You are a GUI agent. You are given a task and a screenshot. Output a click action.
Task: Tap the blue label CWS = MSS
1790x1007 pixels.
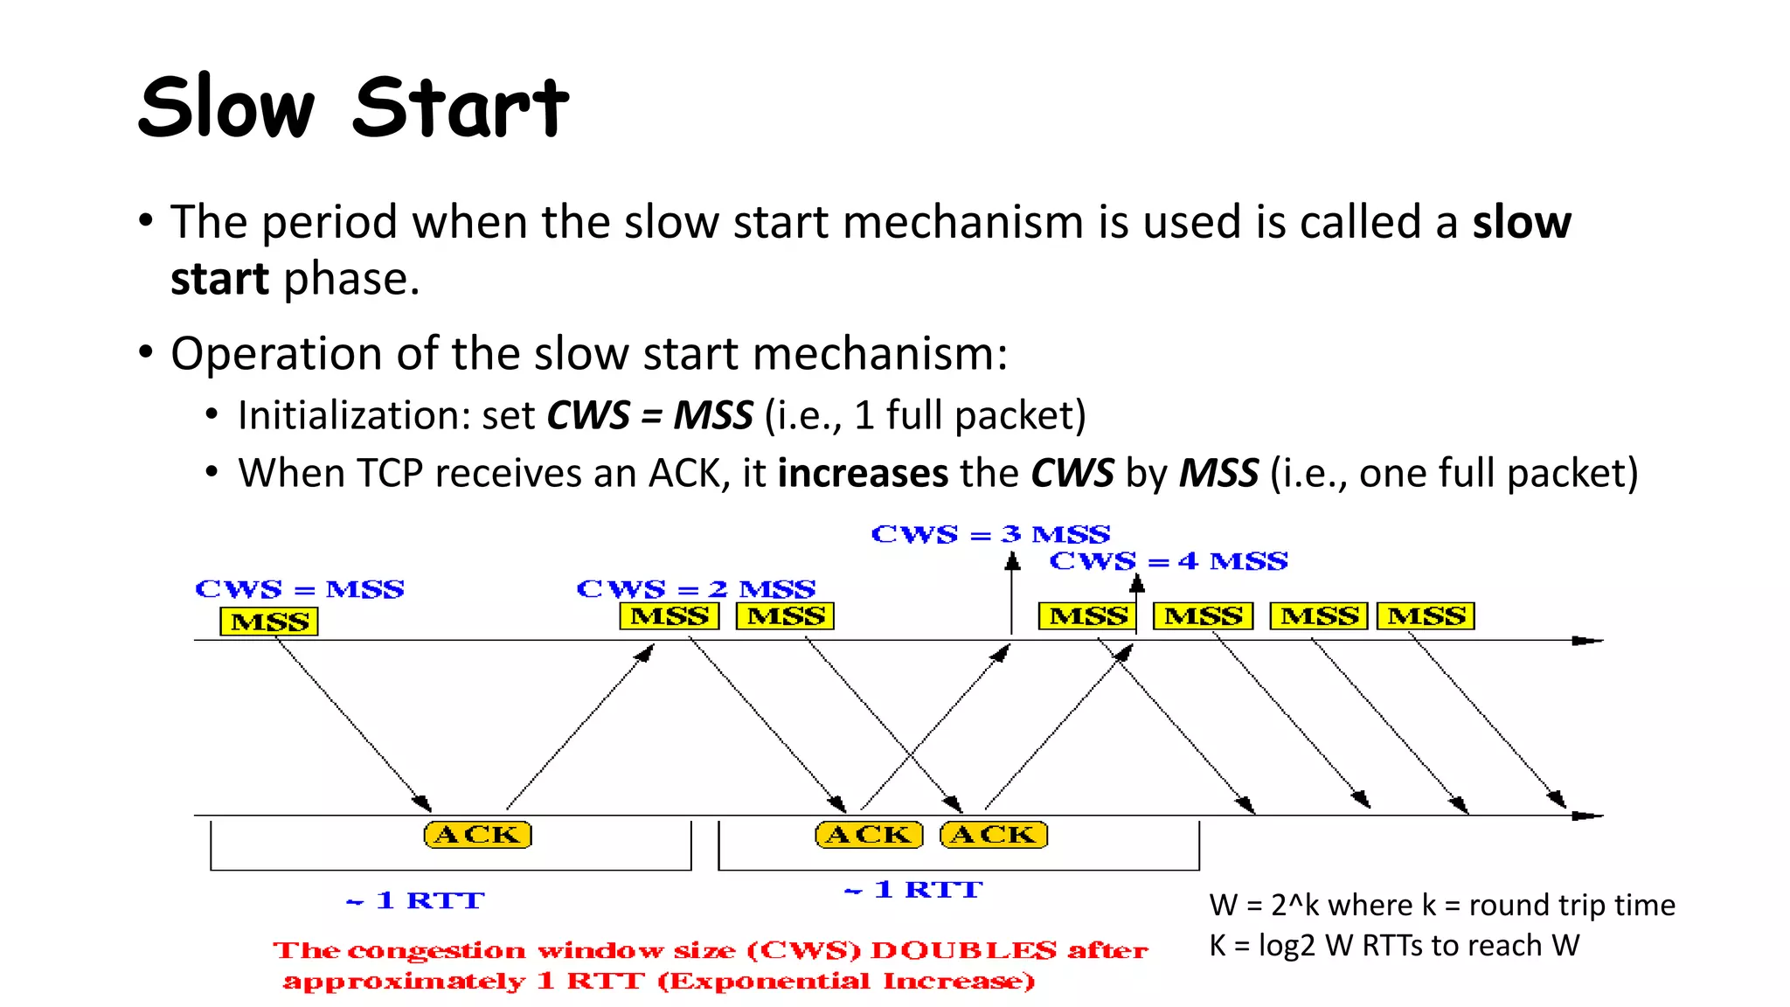(x=300, y=589)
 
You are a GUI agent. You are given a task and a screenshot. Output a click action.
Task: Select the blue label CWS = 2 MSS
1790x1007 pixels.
(x=696, y=589)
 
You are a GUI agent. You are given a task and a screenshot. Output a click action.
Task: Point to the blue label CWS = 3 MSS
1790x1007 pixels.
(x=990, y=534)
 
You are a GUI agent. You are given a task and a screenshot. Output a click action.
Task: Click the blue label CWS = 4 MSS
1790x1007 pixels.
(x=1169, y=561)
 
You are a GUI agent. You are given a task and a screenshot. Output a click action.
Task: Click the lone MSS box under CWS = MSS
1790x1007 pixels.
(x=269, y=622)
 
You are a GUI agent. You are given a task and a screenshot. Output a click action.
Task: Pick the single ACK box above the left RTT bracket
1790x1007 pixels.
(x=477, y=835)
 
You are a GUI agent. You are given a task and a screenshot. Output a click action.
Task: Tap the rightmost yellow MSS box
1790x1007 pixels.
(x=1426, y=616)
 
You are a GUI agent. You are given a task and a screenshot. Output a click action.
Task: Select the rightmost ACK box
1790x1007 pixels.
(x=994, y=835)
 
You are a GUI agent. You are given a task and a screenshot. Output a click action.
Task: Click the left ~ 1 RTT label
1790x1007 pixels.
(x=416, y=900)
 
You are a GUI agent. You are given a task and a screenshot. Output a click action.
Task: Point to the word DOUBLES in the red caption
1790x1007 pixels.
(x=963, y=950)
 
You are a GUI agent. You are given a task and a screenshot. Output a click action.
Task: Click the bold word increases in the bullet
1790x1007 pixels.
(x=863, y=473)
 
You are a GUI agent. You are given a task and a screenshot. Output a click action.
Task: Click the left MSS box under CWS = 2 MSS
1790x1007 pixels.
(x=670, y=616)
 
